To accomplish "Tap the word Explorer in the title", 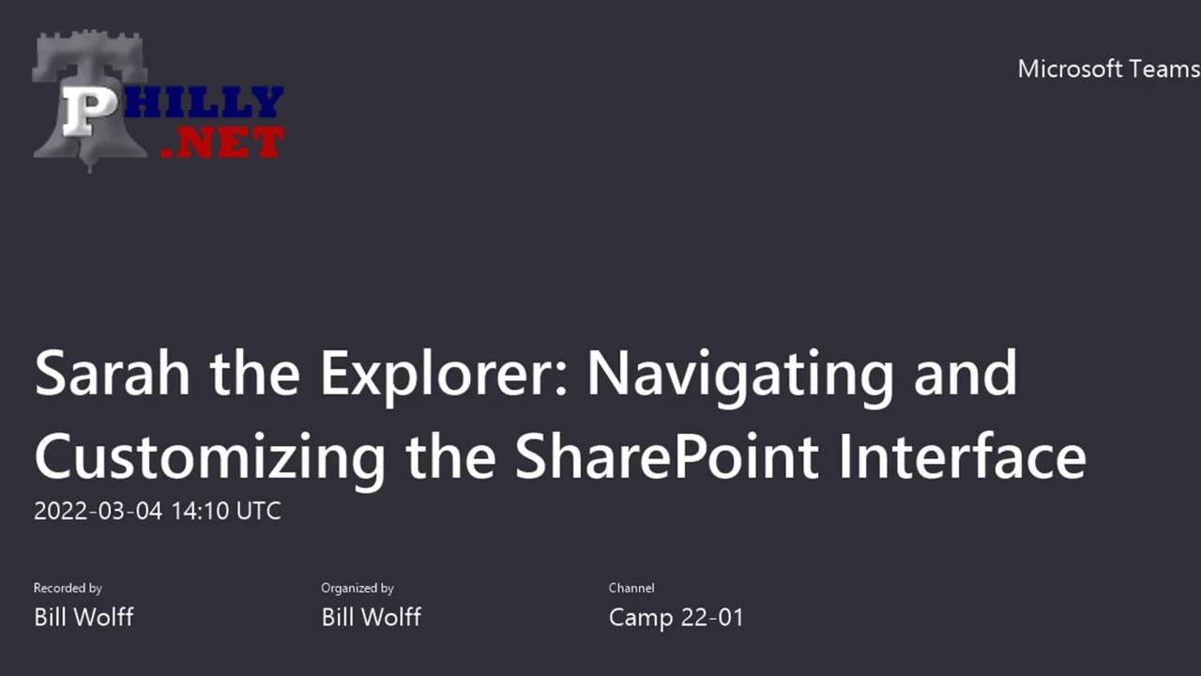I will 443,373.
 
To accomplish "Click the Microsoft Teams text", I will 1108,69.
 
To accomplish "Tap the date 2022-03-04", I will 98,512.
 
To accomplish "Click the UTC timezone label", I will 258,512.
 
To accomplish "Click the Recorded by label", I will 68,588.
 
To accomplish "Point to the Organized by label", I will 357,588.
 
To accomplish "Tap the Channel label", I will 631,588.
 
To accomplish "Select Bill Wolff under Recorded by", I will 84,617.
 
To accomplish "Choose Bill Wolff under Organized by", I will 371,617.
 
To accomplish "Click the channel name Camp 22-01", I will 676,617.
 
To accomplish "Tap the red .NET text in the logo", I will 222,142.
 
